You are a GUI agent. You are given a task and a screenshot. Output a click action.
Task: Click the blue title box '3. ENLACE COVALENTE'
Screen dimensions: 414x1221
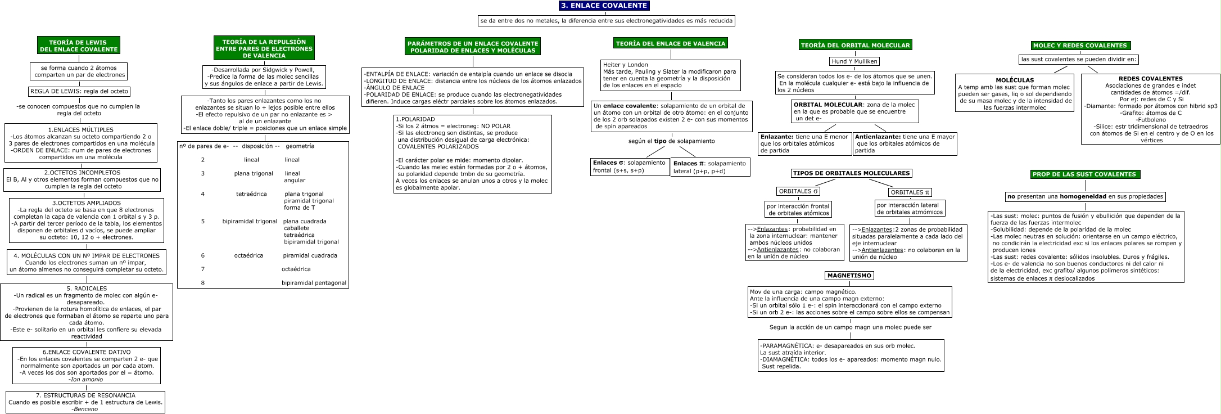tap(604, 6)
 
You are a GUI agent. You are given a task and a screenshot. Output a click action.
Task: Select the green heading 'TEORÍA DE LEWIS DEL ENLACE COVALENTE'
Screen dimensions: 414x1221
tap(78, 46)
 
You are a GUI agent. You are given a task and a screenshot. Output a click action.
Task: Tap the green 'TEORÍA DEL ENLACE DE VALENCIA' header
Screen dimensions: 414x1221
tap(671, 43)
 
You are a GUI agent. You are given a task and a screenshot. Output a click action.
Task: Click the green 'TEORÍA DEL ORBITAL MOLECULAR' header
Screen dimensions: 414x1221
tap(854, 45)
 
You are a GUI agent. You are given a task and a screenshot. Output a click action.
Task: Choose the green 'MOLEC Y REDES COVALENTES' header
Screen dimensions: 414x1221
tap(1080, 46)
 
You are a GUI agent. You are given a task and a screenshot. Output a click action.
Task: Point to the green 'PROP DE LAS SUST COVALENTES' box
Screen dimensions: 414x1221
tap(1084, 174)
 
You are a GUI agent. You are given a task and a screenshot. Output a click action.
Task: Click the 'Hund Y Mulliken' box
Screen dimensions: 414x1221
tap(854, 61)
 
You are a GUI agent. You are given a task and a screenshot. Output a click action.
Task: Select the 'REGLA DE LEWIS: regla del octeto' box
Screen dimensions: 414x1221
tap(79, 91)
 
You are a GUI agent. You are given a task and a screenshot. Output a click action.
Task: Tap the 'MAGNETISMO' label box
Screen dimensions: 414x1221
tap(849, 276)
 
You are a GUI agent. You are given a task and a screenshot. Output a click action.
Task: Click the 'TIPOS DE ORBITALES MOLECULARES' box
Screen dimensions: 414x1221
tap(851, 173)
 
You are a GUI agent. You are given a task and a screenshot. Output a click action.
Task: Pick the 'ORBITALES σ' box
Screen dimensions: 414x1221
tap(798, 191)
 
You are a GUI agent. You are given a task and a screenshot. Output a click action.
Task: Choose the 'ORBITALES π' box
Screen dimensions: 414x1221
tap(910, 192)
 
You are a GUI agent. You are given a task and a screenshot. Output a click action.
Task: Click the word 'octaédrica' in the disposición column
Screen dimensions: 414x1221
tap(248, 255)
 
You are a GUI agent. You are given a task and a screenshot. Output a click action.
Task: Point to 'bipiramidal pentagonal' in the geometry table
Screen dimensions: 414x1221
tap(314, 282)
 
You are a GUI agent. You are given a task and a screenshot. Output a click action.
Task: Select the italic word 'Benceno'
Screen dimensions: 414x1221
tap(85, 409)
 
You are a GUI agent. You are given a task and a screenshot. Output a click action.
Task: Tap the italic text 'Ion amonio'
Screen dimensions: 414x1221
tap(86, 379)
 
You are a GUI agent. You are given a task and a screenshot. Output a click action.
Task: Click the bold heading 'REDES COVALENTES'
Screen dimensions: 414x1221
tap(1150, 79)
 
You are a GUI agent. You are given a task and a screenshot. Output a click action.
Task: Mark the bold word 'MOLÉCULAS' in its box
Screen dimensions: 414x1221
tap(1015, 80)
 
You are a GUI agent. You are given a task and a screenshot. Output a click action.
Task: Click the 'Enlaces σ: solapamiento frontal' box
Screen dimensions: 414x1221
tap(630, 166)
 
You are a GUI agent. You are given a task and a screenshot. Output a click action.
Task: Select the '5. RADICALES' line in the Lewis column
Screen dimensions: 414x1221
tap(87, 289)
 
